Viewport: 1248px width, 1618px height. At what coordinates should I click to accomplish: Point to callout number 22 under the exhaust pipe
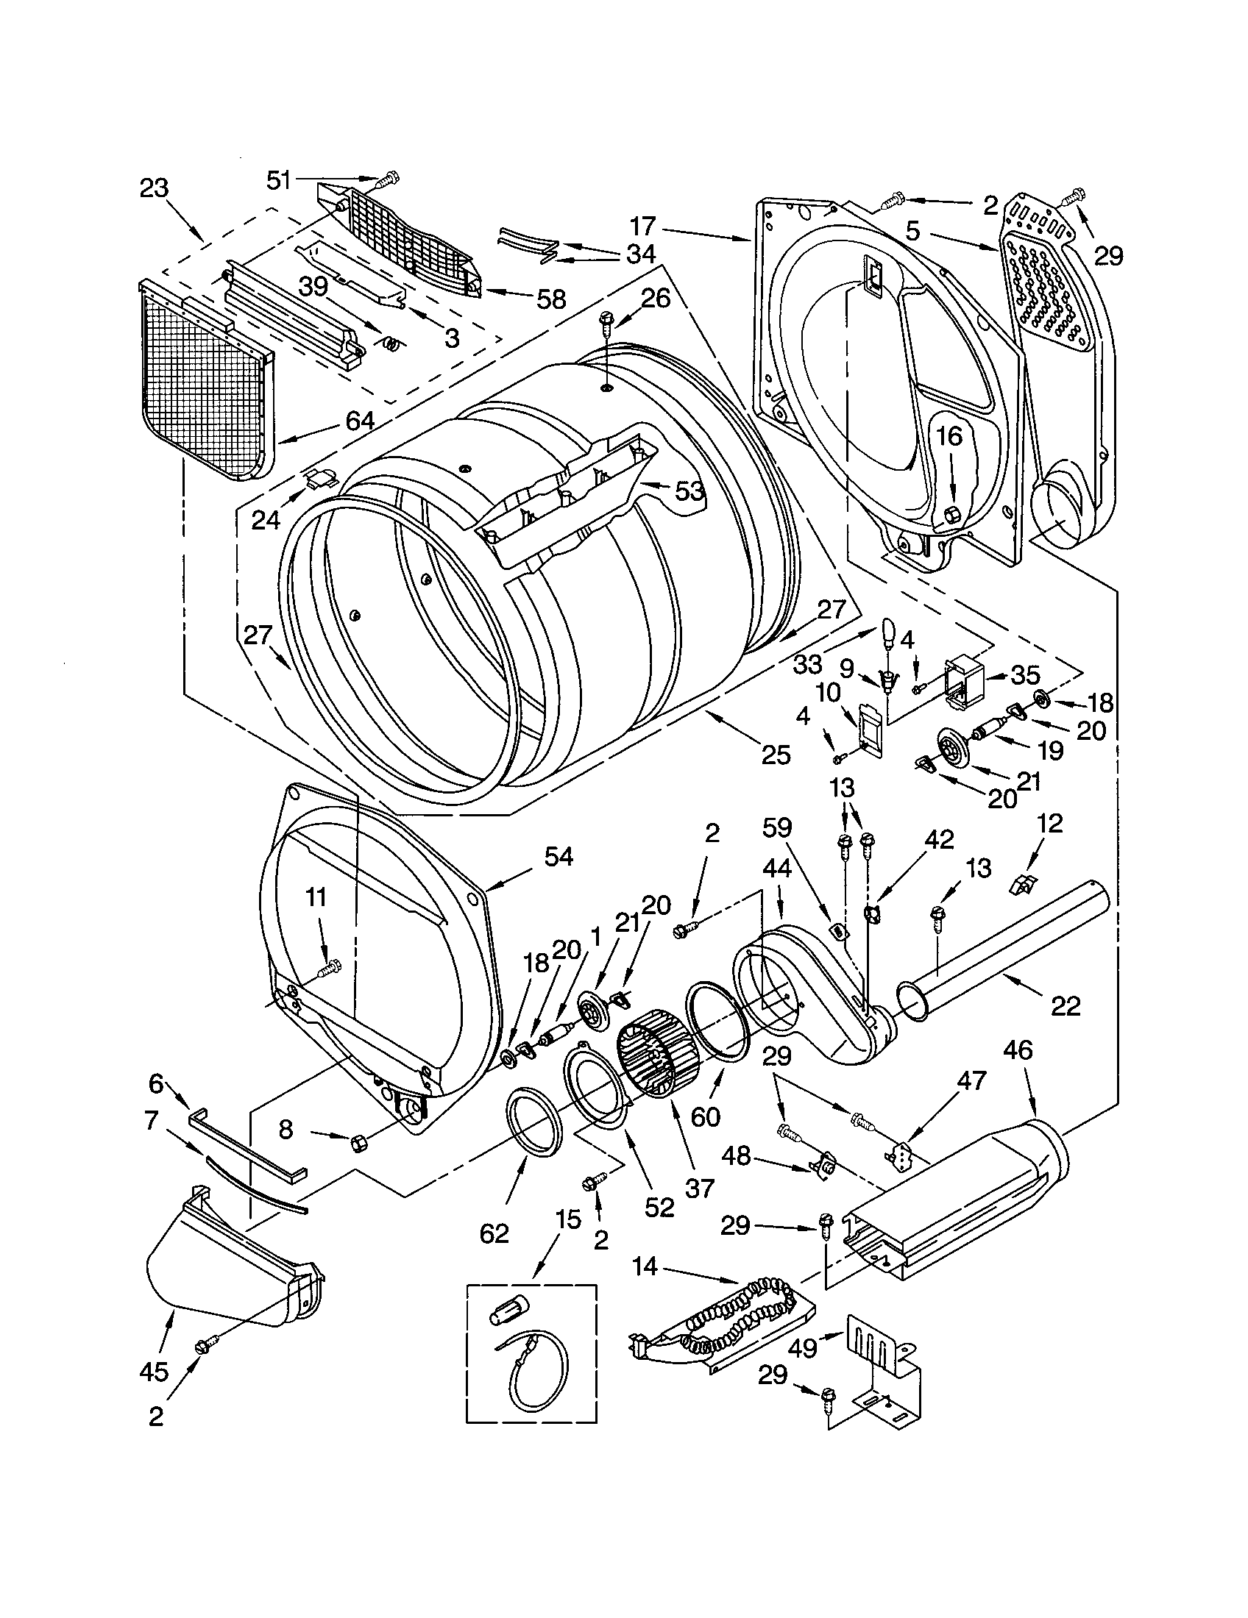point(1065,1006)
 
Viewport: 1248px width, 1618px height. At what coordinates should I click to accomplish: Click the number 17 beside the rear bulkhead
point(643,225)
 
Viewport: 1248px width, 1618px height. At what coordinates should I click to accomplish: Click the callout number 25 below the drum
point(774,754)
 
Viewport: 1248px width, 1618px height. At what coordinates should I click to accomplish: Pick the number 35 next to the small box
point(1025,674)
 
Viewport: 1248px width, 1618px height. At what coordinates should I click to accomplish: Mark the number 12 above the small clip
point(1051,823)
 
